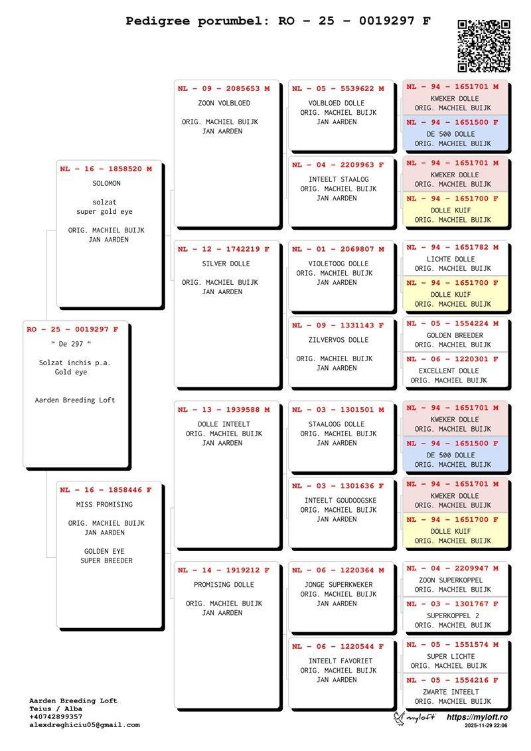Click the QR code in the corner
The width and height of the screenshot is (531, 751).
(484, 46)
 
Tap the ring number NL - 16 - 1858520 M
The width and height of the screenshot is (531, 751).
(106, 169)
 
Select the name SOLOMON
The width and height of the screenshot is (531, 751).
(106, 184)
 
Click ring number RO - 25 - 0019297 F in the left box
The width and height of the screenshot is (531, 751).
(73, 329)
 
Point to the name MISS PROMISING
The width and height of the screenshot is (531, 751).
(105, 505)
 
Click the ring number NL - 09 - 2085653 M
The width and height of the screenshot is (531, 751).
(224, 88)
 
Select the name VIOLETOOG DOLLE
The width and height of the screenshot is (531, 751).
(338, 264)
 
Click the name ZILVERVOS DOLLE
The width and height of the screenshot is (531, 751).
(338, 340)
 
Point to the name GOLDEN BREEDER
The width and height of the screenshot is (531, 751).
(455, 335)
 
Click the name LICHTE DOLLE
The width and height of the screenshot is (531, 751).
(451, 259)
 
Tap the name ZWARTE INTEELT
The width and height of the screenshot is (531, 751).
(451, 692)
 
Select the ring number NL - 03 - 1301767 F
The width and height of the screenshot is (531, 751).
(452, 604)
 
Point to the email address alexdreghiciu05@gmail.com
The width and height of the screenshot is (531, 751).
(84, 725)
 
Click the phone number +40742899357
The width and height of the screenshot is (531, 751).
(57, 717)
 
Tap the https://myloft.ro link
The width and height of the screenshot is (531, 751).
(477, 718)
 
